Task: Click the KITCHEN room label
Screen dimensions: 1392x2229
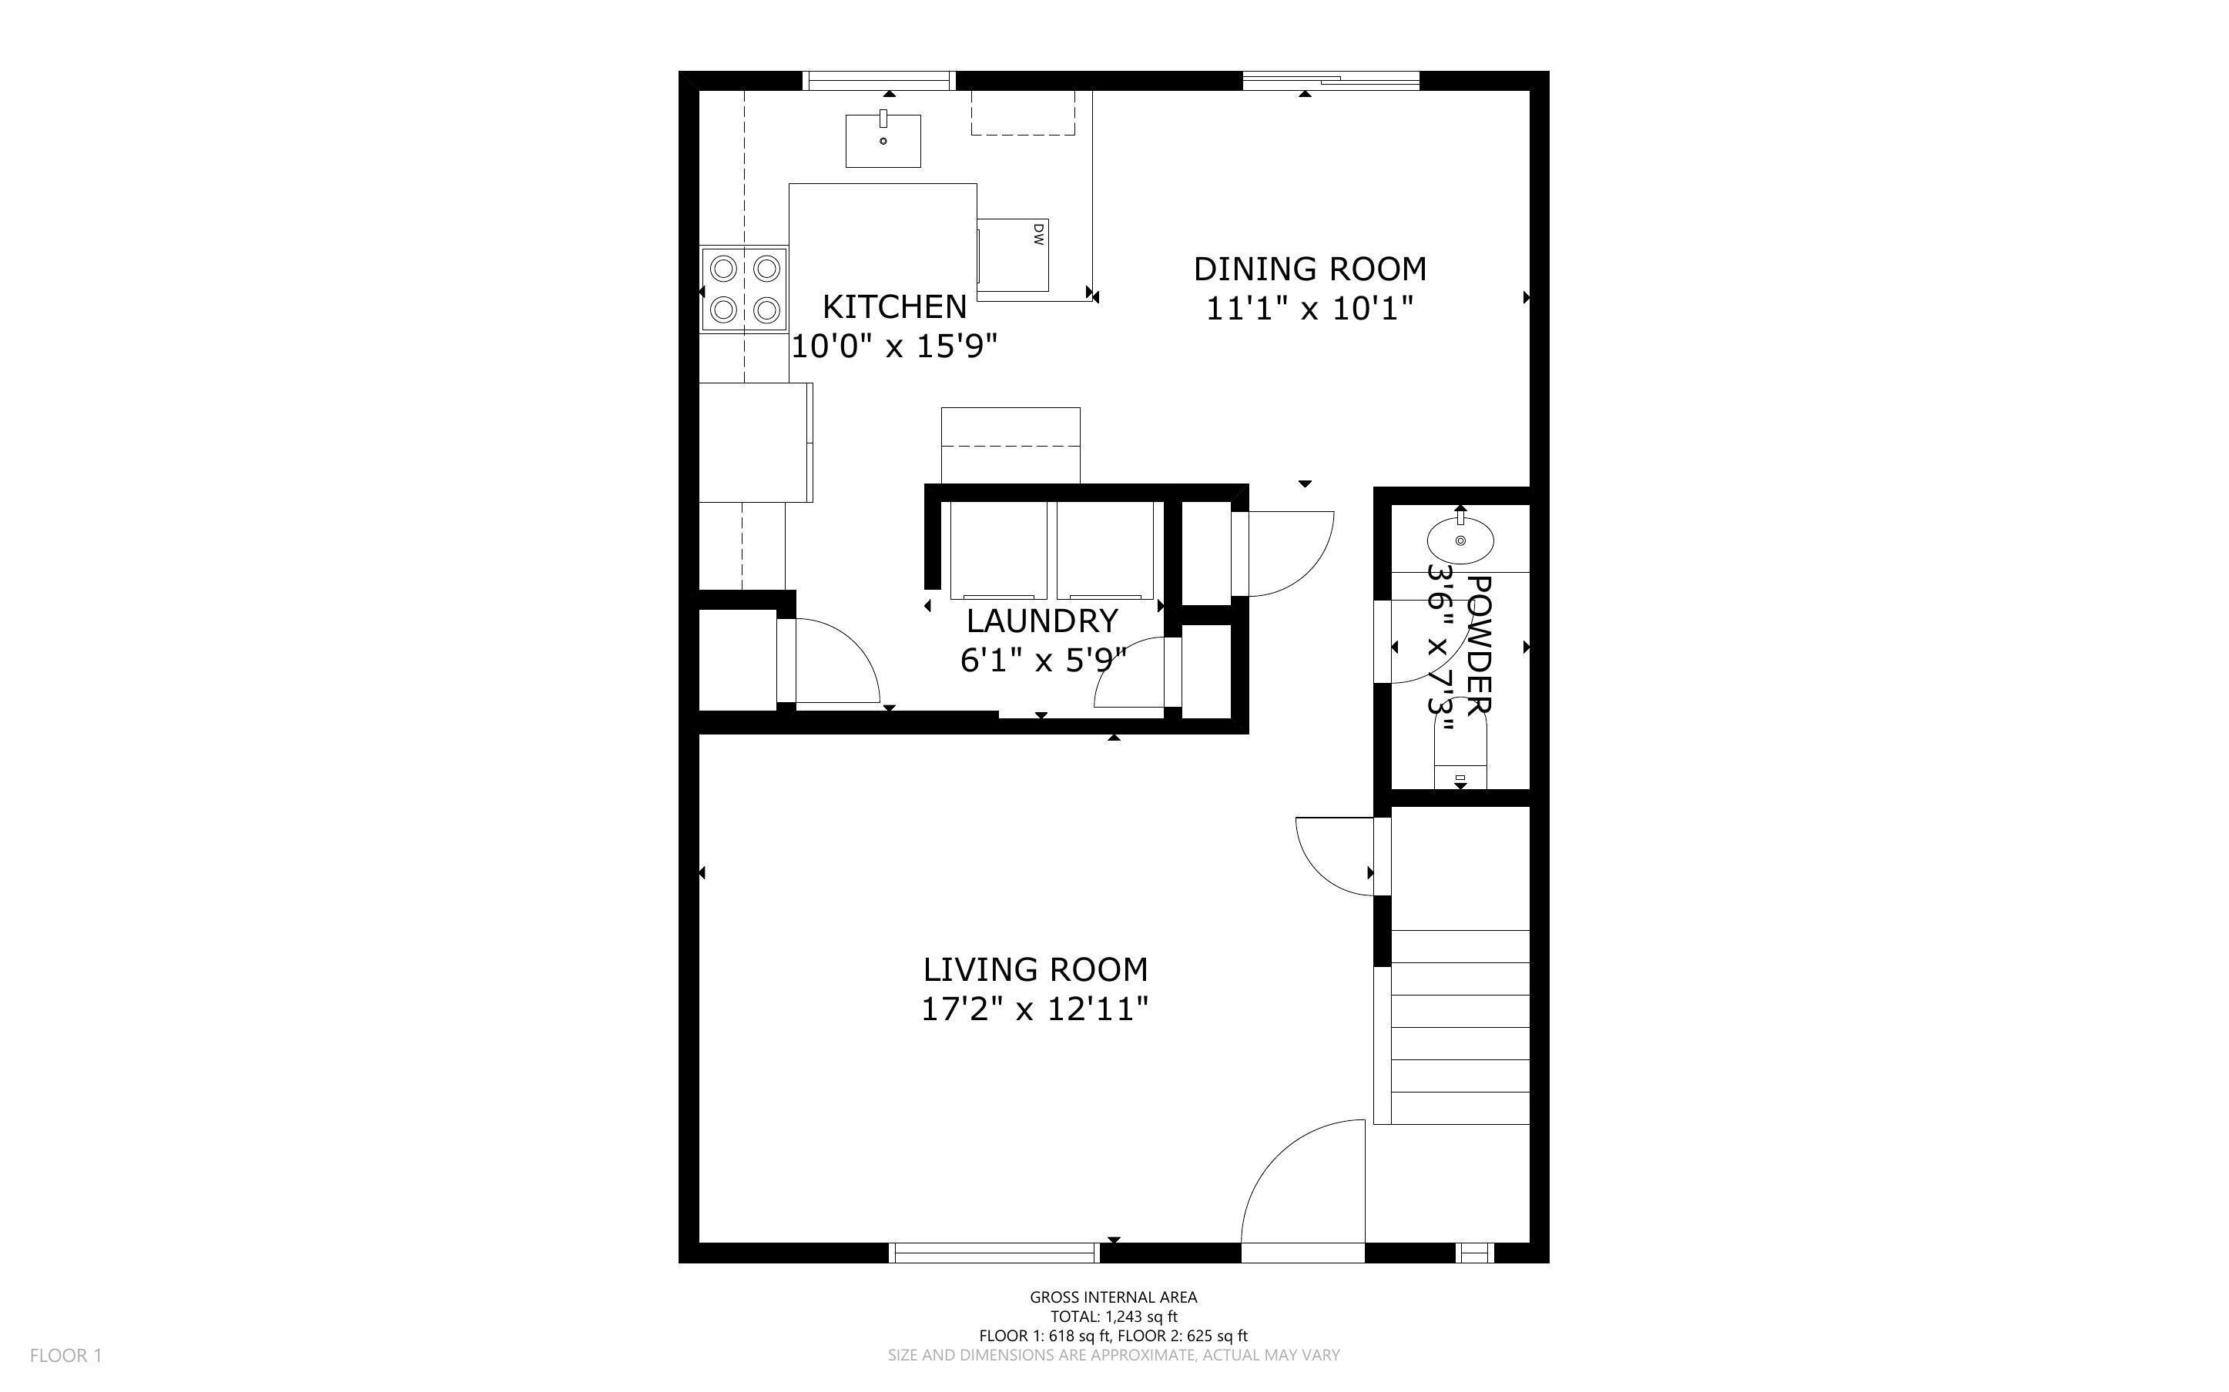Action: coord(893,306)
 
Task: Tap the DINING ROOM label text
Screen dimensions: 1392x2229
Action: coord(1309,269)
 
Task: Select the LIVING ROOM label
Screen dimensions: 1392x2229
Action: coord(1035,969)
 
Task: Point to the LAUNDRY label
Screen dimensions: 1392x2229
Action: coord(1041,621)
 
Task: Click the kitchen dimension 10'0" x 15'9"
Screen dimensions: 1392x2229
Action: coord(894,346)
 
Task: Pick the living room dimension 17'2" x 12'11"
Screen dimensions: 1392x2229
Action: coord(1035,1010)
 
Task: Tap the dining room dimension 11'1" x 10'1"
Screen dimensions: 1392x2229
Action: coord(1309,309)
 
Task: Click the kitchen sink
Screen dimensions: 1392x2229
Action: coord(883,141)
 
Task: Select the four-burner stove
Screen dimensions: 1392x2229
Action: coord(744,289)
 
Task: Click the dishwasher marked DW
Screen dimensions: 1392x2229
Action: coord(1013,255)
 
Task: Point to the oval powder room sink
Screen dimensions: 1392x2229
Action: coord(1460,540)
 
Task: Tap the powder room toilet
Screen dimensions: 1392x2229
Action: coord(1460,753)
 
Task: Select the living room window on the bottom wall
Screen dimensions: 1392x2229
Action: coord(994,1252)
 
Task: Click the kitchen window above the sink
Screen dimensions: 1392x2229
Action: coord(880,81)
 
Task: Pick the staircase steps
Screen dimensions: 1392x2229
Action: coord(1460,1026)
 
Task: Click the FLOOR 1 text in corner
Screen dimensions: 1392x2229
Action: coord(65,1355)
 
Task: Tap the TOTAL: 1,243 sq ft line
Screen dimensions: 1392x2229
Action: coord(1113,1317)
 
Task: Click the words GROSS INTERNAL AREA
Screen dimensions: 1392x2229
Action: coord(1113,1297)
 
